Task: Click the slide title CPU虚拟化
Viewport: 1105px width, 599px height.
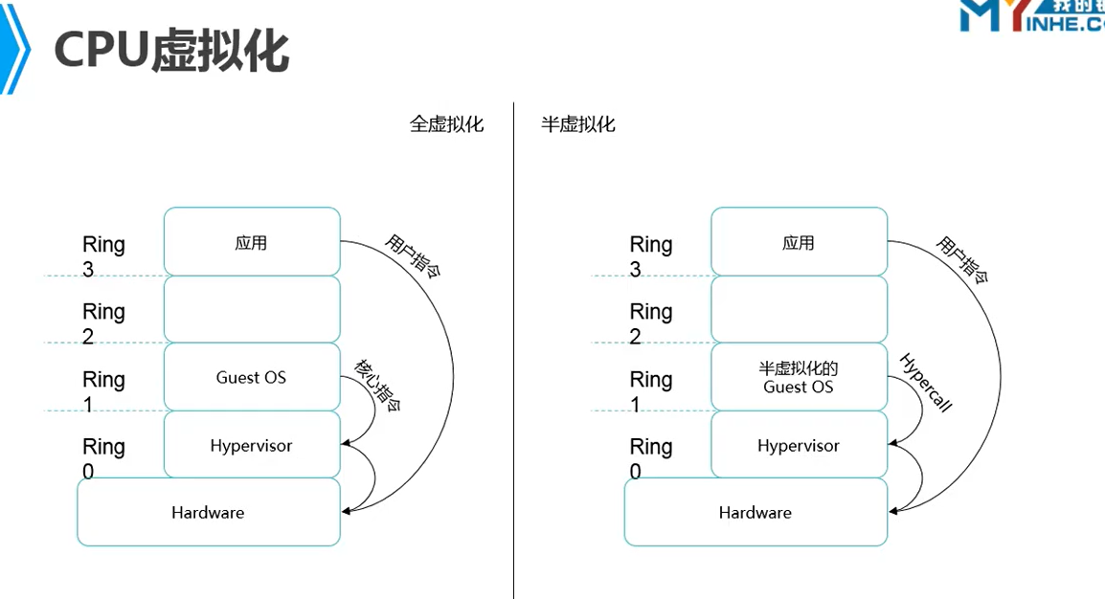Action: pos(171,49)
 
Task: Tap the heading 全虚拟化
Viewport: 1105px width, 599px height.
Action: pos(446,124)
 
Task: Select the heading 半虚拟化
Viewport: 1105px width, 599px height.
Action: pos(578,124)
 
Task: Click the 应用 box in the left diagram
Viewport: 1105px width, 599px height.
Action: pos(252,242)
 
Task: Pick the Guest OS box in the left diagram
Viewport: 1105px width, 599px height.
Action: pos(252,377)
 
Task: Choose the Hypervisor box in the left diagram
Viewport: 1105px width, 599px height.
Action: pos(252,445)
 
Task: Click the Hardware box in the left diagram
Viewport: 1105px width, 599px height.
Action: pos(209,513)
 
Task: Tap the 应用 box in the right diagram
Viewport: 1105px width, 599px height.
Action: pos(799,242)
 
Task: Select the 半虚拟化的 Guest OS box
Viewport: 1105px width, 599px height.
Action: pos(799,377)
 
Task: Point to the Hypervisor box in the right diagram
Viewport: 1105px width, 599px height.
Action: pos(799,445)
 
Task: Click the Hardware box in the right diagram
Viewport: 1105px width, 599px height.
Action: pos(755,513)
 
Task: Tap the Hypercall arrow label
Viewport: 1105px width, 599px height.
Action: pos(926,382)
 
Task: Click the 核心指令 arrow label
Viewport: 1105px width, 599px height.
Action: pos(377,385)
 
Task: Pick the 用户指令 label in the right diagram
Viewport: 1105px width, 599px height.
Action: pos(960,259)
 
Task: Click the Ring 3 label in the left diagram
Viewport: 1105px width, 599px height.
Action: pos(103,255)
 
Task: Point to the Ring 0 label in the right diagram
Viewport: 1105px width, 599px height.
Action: pos(651,457)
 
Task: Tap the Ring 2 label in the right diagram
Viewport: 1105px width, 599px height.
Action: pos(651,322)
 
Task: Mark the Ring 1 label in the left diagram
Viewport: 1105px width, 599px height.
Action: pos(103,390)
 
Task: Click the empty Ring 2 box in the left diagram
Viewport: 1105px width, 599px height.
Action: pos(252,309)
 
